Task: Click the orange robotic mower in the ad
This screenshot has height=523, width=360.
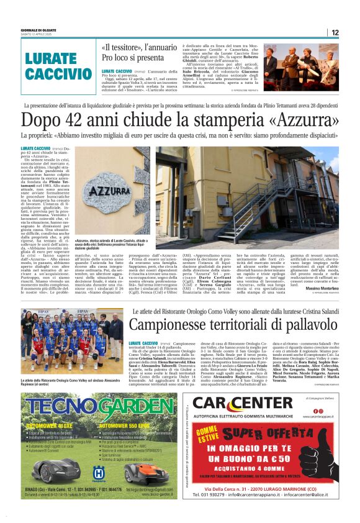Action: coord(144,472)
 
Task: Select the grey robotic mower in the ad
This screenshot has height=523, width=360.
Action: coord(55,470)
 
